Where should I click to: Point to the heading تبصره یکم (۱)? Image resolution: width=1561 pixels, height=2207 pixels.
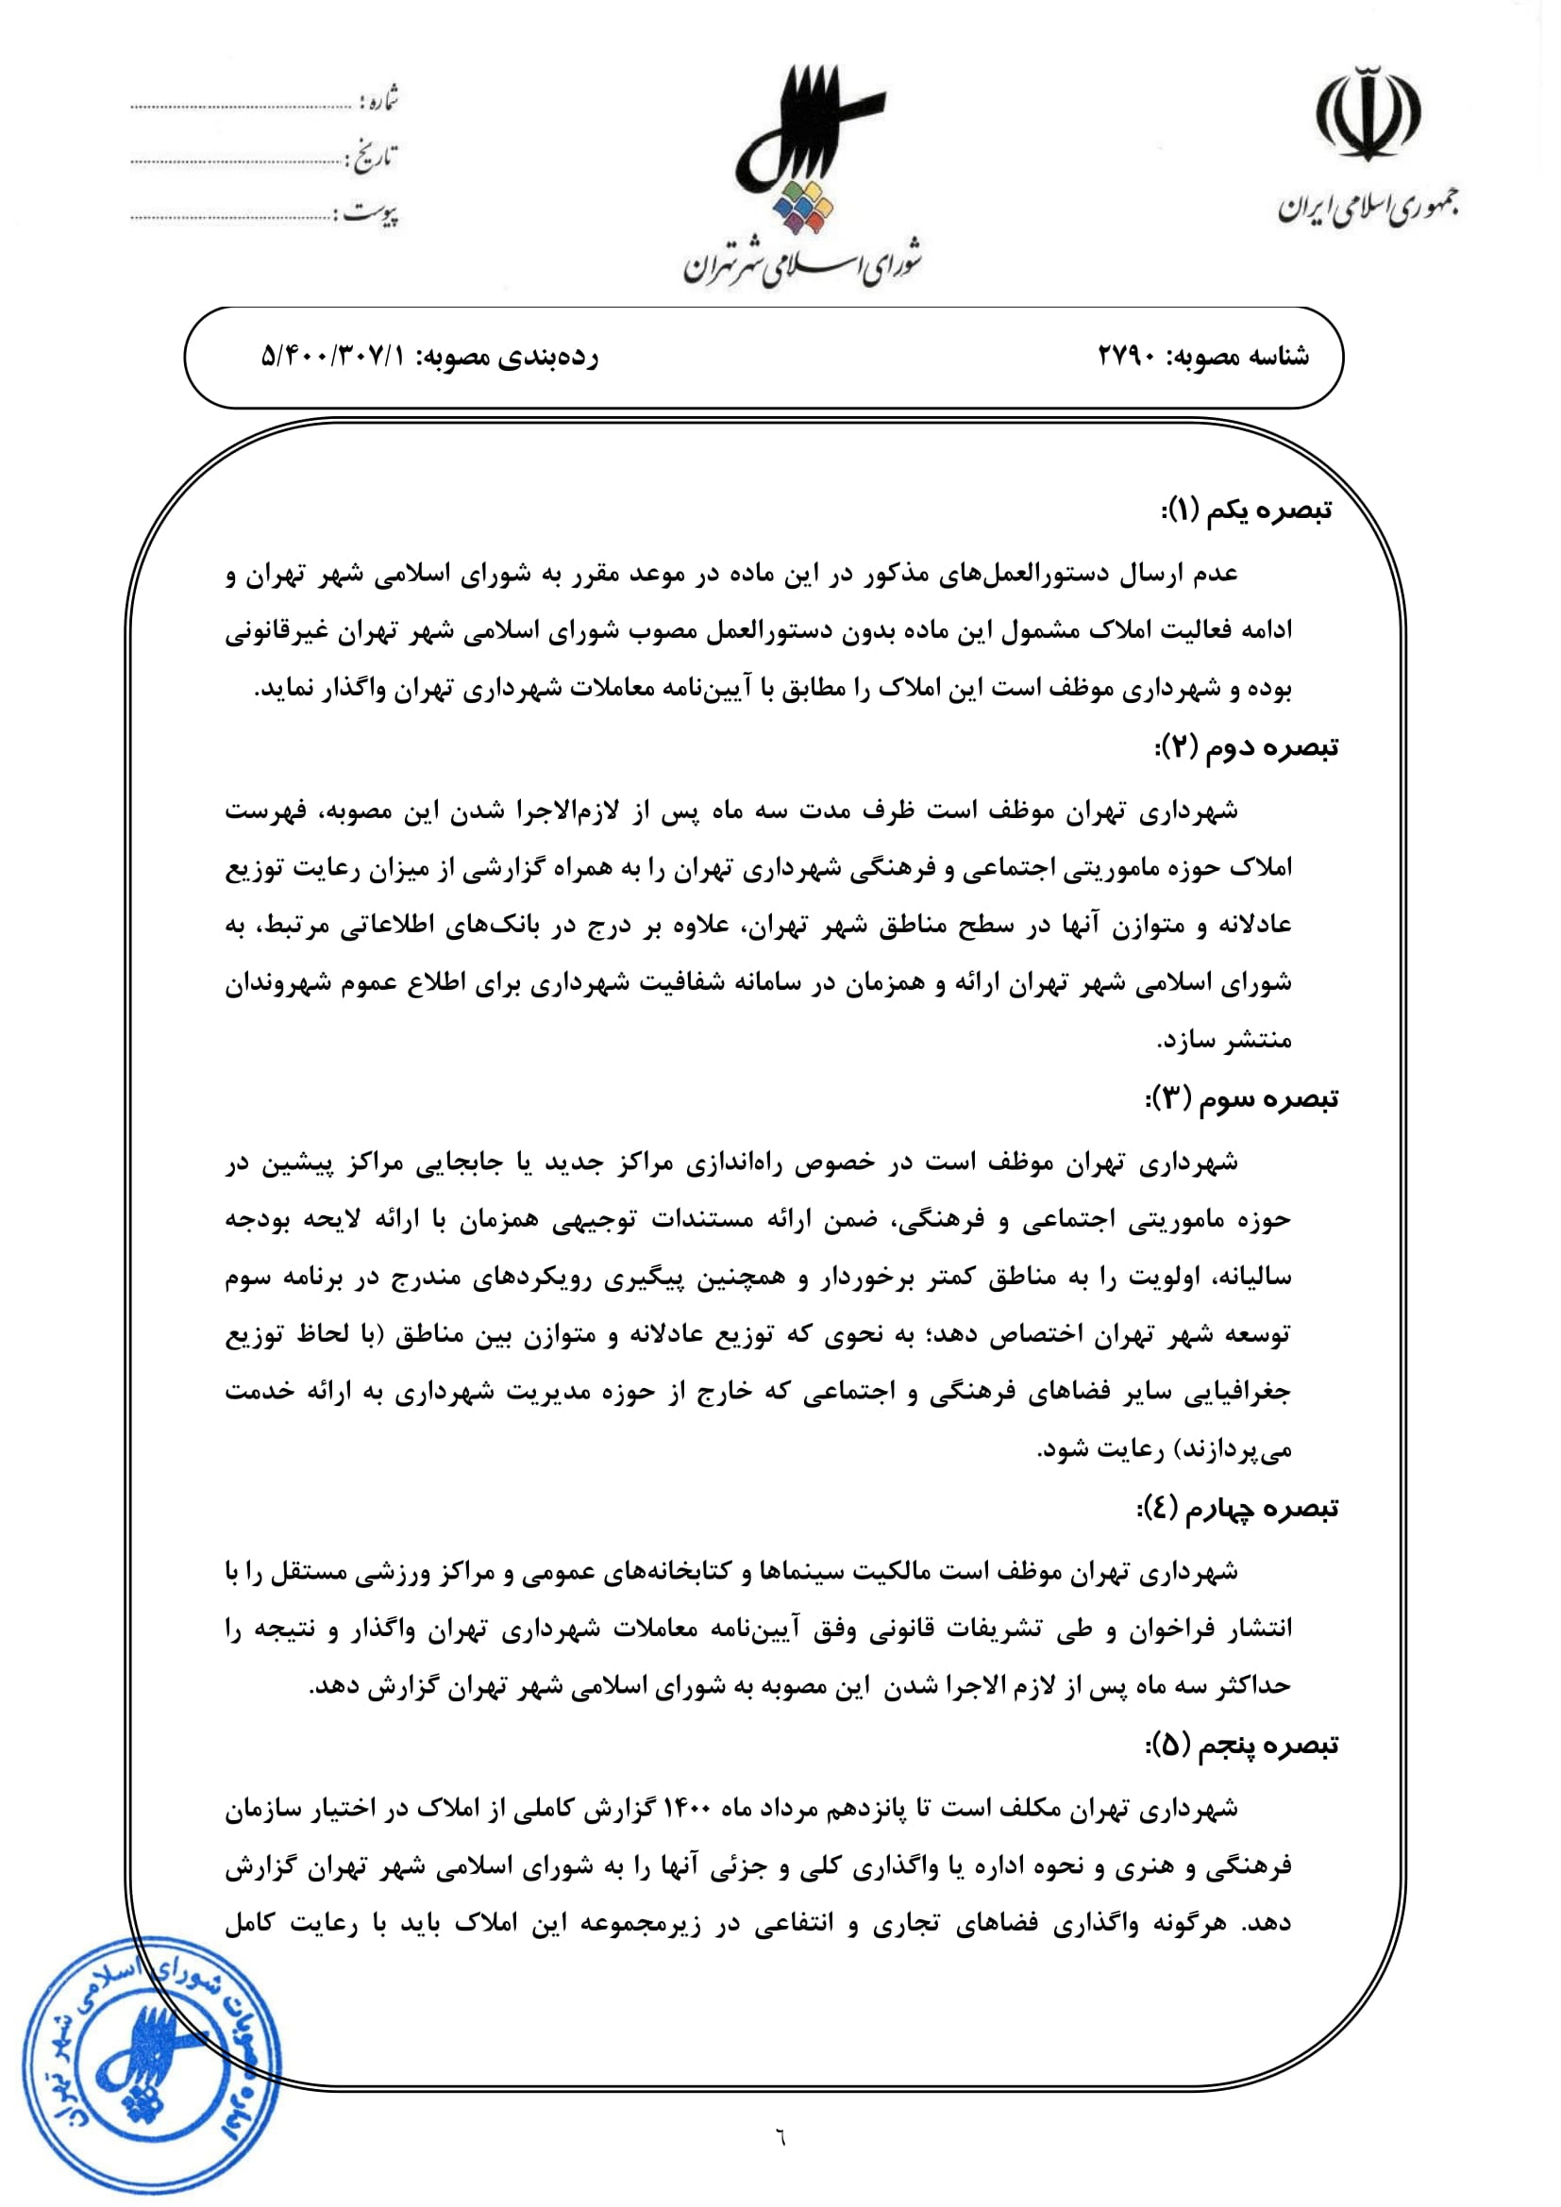[1247, 510]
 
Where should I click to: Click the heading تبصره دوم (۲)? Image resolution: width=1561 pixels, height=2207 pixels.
[1247, 747]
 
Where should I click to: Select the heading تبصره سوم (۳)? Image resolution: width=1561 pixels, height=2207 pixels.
[1242, 1098]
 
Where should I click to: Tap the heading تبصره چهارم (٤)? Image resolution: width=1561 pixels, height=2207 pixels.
[1237, 1509]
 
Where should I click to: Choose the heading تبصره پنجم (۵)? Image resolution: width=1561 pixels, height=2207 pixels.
[1242, 1746]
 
